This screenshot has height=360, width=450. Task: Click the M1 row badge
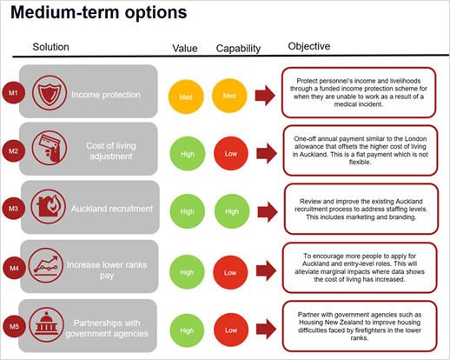click(x=14, y=92)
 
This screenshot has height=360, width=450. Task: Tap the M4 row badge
click(x=14, y=268)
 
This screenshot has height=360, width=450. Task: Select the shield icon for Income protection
click(x=50, y=93)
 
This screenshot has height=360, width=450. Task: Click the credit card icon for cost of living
click(x=50, y=148)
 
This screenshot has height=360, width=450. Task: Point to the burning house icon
click(x=49, y=206)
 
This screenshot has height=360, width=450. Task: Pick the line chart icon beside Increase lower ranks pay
click(x=46, y=265)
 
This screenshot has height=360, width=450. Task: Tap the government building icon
click(x=46, y=324)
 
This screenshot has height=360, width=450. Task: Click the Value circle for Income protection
click(x=186, y=97)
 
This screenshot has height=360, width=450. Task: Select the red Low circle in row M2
click(x=231, y=153)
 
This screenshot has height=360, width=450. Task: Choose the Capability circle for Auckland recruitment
click(x=232, y=211)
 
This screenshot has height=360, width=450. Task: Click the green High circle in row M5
click(x=187, y=330)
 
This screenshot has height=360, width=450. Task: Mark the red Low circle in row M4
click(x=230, y=272)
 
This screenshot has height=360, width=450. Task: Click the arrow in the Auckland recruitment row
click(x=268, y=212)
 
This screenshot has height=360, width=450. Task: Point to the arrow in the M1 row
click(x=265, y=96)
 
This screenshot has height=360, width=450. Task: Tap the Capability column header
click(x=238, y=49)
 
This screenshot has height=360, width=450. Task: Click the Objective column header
click(x=309, y=46)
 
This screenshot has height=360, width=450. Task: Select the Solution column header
click(x=50, y=47)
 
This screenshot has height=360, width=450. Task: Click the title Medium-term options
click(x=99, y=12)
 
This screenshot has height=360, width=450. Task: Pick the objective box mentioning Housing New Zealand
click(x=360, y=326)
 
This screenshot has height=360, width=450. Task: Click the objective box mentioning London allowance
click(x=361, y=150)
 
